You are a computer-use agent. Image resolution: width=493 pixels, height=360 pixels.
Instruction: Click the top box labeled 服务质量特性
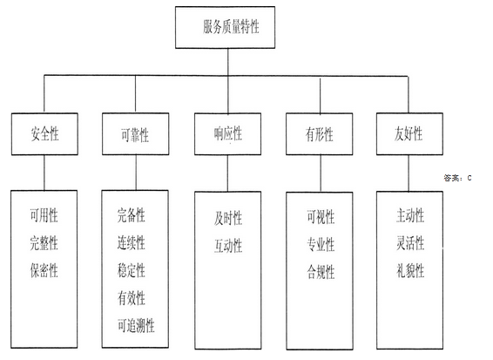pyautogui.click(x=225, y=27)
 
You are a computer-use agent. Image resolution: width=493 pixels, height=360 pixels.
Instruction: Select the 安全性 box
pyautogui.click(x=44, y=134)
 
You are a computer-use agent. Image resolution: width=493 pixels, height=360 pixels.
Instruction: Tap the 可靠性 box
pyautogui.click(x=136, y=134)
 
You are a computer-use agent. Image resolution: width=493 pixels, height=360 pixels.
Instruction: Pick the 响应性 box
pyautogui.click(x=227, y=134)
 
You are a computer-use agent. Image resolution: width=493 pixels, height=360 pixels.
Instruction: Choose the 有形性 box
pyautogui.click(x=319, y=134)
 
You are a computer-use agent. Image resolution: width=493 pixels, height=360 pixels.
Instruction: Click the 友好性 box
pyautogui.click(x=409, y=134)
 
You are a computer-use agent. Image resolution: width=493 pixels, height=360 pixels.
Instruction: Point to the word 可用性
pyautogui.click(x=44, y=215)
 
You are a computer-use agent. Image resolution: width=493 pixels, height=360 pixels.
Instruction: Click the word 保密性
pyautogui.click(x=44, y=270)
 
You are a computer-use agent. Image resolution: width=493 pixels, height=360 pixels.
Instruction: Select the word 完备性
pyautogui.click(x=132, y=215)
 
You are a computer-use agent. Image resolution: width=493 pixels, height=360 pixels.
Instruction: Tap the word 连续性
pyautogui.click(x=132, y=243)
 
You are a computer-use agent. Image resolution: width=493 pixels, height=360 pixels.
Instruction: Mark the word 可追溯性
pyautogui.click(x=136, y=325)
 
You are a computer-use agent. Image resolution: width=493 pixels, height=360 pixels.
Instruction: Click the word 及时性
pyautogui.click(x=228, y=218)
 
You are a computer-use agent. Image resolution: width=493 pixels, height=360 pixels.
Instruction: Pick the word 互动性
pyautogui.click(x=228, y=246)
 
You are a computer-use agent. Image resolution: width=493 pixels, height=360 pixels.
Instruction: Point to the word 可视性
pyautogui.click(x=321, y=217)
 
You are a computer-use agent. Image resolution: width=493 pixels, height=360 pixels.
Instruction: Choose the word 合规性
pyautogui.click(x=321, y=272)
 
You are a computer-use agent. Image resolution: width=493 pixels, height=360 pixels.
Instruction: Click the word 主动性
pyautogui.click(x=410, y=215)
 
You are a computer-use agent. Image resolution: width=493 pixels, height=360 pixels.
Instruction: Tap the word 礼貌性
pyautogui.click(x=410, y=270)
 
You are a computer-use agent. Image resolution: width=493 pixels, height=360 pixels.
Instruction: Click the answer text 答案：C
pyautogui.click(x=457, y=178)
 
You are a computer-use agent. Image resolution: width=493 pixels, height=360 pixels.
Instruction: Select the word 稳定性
pyautogui.click(x=132, y=270)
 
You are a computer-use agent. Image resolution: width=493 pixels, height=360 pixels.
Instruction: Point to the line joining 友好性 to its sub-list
pyautogui.click(x=409, y=173)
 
